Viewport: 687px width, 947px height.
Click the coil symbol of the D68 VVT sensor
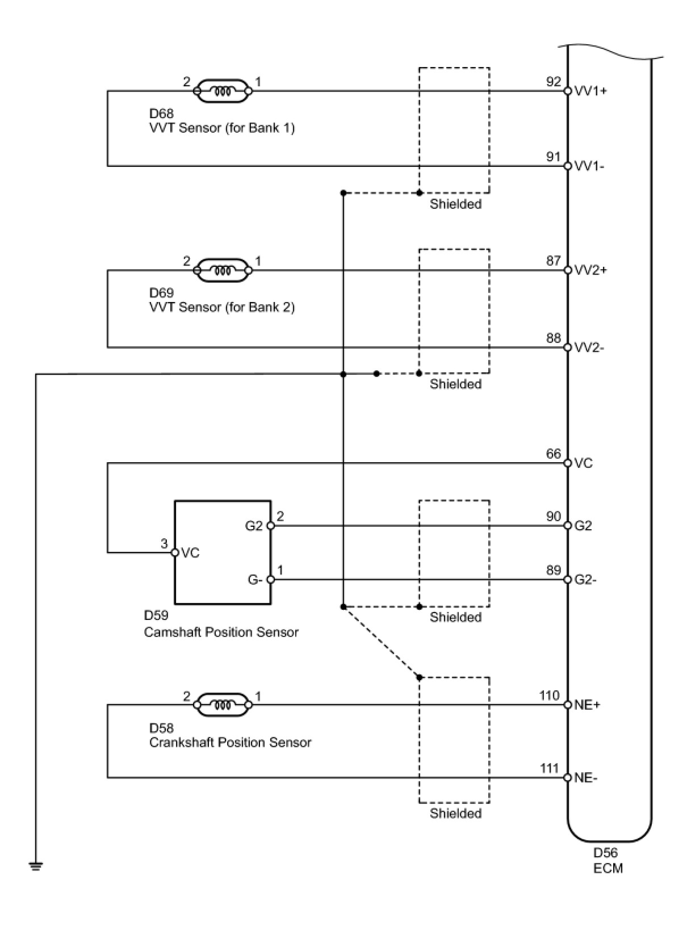point(223,90)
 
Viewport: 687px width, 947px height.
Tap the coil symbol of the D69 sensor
point(223,270)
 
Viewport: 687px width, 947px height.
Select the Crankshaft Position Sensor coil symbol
point(223,705)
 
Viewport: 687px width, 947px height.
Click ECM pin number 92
point(554,82)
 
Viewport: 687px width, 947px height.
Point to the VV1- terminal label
point(589,166)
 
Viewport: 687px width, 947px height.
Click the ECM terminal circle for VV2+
point(568,270)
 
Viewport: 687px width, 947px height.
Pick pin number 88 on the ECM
point(554,338)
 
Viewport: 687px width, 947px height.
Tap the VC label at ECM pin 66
point(584,463)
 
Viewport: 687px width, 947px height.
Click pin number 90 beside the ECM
point(554,516)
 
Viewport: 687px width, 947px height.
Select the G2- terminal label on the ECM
point(585,580)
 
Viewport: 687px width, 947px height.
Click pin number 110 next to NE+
point(550,695)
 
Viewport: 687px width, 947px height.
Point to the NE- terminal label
point(586,778)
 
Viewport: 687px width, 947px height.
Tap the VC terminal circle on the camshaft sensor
point(175,552)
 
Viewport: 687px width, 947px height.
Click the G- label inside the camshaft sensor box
point(255,580)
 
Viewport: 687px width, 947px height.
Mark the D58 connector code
point(161,728)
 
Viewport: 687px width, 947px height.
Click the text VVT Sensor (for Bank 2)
point(222,307)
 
